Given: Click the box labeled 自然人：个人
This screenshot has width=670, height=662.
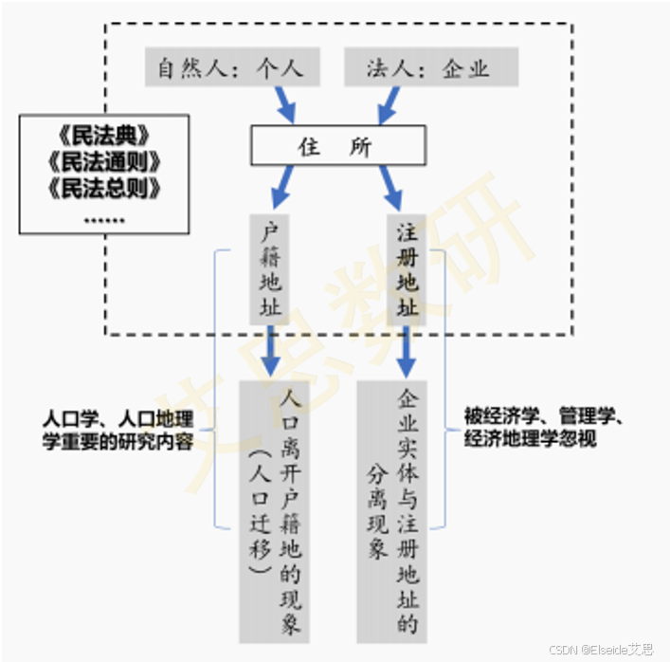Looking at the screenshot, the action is click(232, 69).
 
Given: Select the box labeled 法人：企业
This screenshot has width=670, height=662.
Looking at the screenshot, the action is click(429, 69).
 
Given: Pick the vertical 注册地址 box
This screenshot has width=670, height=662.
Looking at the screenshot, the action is click(407, 269).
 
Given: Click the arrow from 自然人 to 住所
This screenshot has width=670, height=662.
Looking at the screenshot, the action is click(283, 105).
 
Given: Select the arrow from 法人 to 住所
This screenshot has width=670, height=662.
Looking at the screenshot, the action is click(389, 105).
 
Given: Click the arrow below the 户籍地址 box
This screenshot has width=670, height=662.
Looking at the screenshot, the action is click(271, 352).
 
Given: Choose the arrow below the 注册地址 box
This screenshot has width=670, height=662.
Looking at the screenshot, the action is click(407, 352).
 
